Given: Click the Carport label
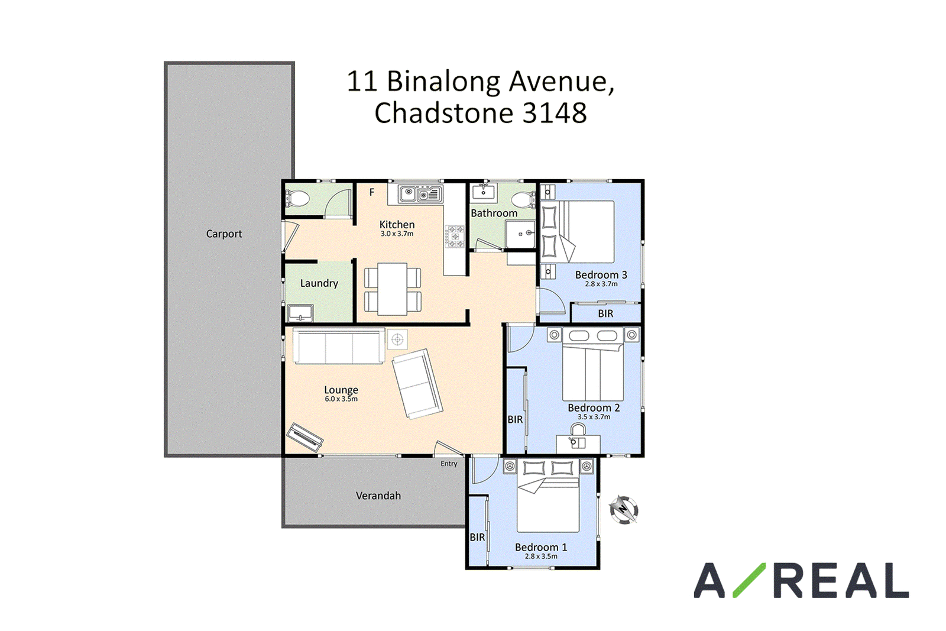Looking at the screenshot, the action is point(224,234).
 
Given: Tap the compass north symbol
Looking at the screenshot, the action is point(623,510).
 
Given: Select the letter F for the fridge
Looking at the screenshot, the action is point(372,192).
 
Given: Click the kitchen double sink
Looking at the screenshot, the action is point(420,195).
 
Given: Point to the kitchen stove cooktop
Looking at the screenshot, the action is point(455,237).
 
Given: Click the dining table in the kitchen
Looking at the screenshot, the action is point(393,289).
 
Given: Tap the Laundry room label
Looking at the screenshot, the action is point(319,283).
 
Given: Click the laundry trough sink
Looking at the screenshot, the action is point(300,313).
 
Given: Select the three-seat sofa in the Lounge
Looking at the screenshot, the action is point(339,346).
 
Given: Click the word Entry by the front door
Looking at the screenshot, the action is point(449,464).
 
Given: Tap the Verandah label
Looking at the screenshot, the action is point(378,496).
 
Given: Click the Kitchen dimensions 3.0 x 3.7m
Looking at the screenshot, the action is point(397,234).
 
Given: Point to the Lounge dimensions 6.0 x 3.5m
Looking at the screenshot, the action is point(341,399).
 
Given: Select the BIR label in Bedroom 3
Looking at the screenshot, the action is point(605,314).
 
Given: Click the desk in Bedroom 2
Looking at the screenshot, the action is point(578,444).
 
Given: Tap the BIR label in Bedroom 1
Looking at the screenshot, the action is point(477,537).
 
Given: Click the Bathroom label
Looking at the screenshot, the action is point(494,213).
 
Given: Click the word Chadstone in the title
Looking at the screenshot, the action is point(444,113).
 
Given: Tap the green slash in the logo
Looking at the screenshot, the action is point(749,580).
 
